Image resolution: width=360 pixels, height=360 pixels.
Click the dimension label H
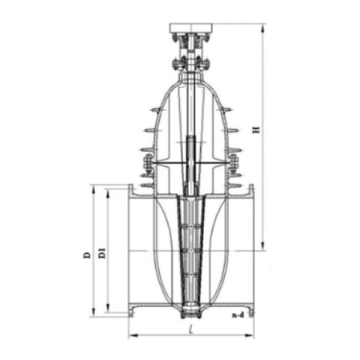256,130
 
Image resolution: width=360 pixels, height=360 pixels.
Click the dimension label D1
102,253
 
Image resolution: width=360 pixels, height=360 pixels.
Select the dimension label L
191,329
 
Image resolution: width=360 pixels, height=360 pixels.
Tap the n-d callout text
238,315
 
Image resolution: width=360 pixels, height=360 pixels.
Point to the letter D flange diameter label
87,255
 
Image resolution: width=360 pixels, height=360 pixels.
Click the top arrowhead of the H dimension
263,28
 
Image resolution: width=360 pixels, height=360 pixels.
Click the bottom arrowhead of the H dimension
263,246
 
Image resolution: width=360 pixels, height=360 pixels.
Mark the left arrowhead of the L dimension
133,335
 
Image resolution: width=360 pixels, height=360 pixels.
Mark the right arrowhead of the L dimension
249,335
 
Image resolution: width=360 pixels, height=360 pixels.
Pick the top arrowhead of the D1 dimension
108,194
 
